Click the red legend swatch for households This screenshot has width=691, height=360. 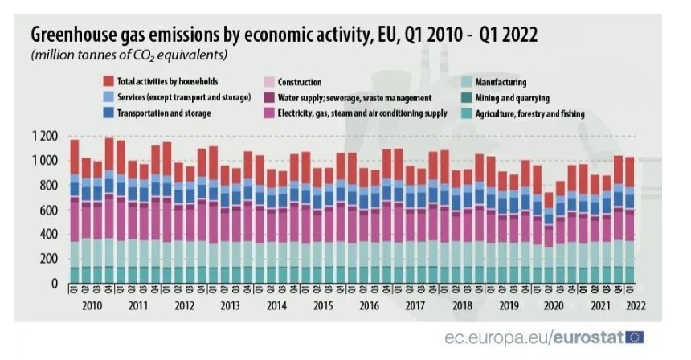[108, 82]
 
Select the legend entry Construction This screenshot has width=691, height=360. [299, 82]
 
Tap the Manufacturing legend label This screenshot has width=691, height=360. [501, 82]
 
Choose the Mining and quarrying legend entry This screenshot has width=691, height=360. [512, 98]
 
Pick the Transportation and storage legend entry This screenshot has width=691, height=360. [164, 113]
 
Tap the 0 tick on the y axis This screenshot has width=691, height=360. [55, 284]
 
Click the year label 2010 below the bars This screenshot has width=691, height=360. [92, 305]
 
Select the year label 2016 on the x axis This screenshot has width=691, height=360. [370, 305]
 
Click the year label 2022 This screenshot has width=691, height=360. [637, 305]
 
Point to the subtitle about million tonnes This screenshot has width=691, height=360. [129, 55]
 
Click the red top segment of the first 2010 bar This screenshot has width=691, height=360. [75, 157]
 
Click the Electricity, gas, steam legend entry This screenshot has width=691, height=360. [362, 113]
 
